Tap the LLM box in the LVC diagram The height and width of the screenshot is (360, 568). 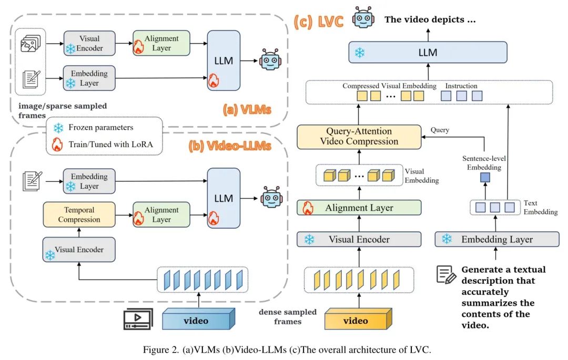427,53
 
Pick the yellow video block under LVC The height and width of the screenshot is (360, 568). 359,320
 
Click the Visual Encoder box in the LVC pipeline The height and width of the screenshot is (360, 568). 359,240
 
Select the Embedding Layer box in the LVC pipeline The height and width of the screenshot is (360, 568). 497,240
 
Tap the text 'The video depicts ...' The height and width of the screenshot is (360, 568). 430,20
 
